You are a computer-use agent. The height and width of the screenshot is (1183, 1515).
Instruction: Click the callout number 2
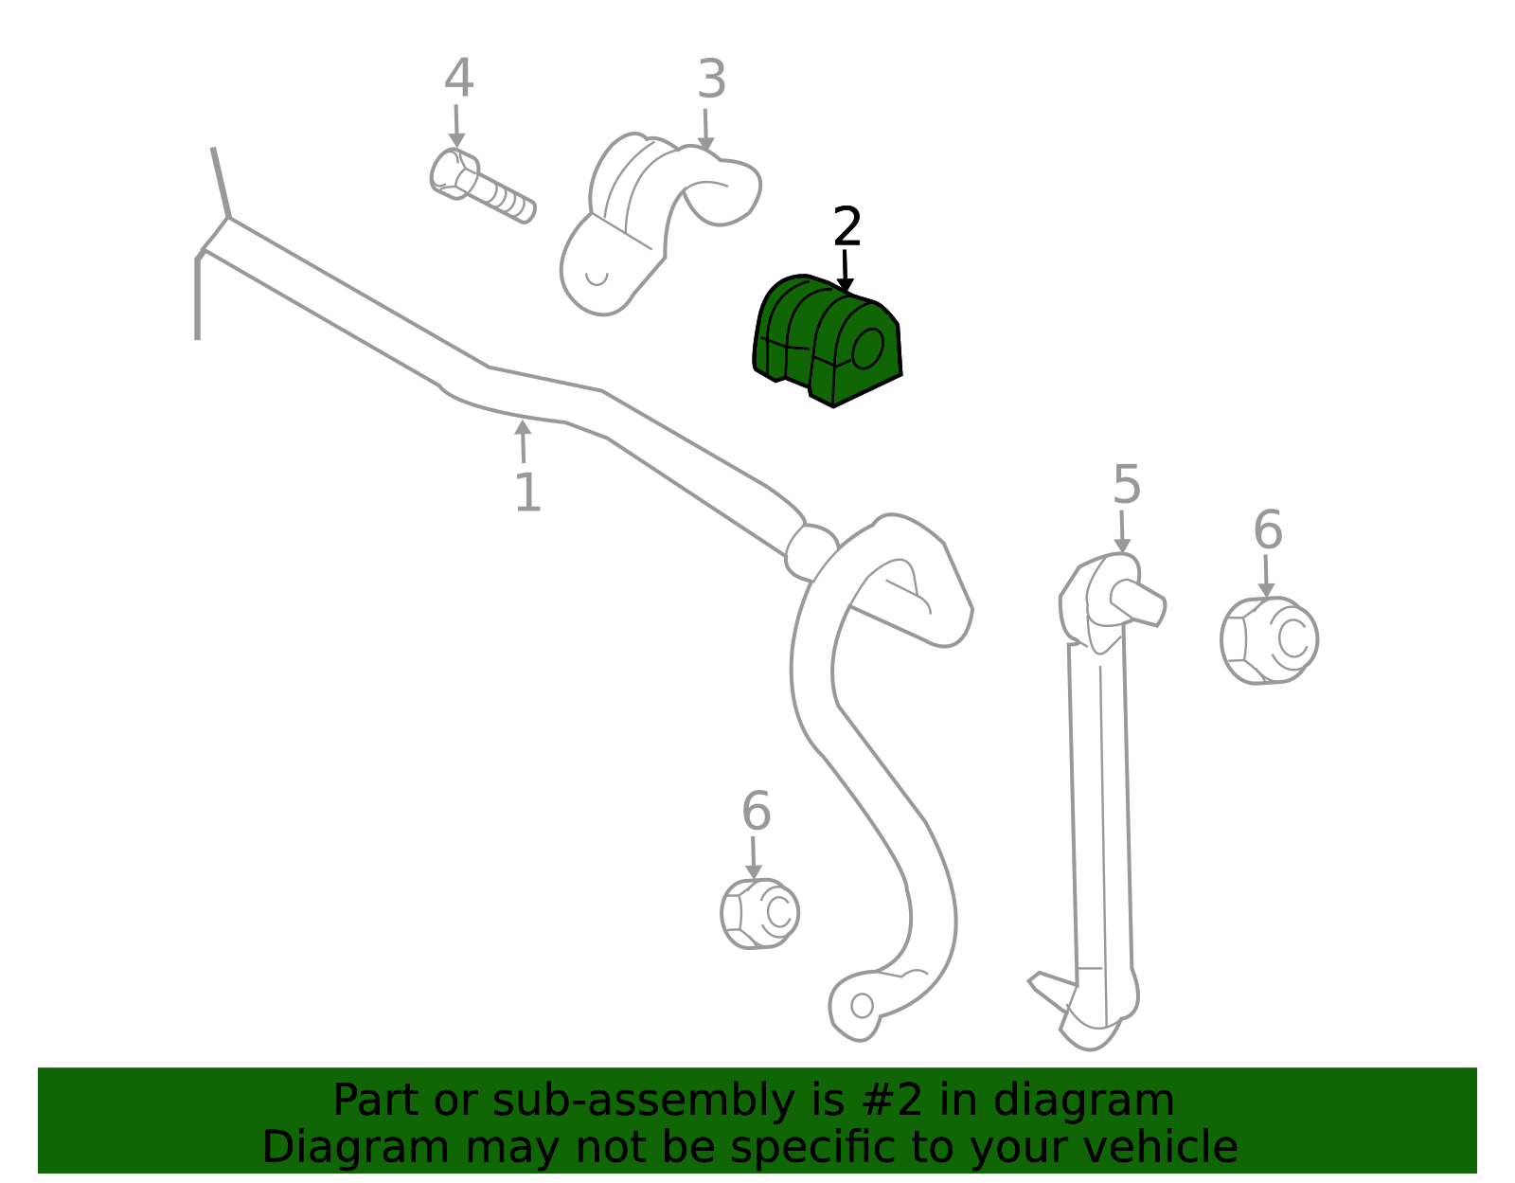[847, 226]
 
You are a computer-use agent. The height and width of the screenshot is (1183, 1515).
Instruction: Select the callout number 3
[712, 79]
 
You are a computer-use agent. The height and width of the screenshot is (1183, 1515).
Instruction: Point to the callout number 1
[527, 493]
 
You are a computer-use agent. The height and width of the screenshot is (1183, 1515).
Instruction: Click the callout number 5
[1127, 484]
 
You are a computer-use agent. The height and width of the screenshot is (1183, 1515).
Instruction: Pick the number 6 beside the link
[1268, 529]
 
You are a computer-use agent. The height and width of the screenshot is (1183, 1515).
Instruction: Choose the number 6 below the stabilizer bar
[756, 811]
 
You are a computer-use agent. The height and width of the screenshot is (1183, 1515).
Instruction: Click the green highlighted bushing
[828, 342]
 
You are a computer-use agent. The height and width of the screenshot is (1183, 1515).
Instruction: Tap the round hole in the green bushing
[868, 348]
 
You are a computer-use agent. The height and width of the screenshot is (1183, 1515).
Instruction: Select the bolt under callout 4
[481, 186]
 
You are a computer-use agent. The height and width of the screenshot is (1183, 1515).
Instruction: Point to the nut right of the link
[1269, 640]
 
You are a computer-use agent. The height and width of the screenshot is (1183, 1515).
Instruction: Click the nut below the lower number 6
[759, 913]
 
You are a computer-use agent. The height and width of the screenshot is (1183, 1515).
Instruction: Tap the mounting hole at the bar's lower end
[863, 1005]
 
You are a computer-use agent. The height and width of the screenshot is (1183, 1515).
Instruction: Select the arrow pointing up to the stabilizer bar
[523, 440]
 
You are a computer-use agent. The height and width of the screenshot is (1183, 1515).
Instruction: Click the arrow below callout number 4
[456, 126]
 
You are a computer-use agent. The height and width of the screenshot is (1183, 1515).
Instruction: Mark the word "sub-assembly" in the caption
[643, 1100]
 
